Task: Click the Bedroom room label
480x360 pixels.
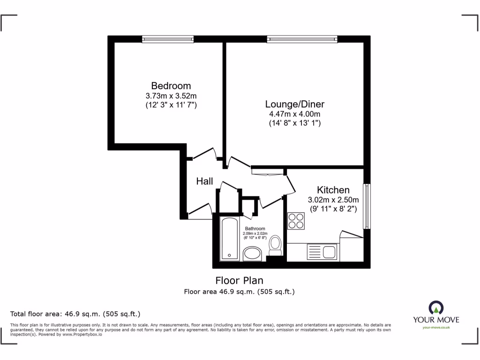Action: click(x=171, y=86)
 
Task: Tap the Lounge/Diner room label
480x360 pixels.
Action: click(x=294, y=104)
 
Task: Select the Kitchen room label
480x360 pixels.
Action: click(x=333, y=190)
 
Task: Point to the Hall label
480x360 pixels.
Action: click(x=204, y=181)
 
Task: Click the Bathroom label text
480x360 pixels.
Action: click(x=255, y=229)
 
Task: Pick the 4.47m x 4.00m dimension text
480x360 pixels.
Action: click(x=294, y=114)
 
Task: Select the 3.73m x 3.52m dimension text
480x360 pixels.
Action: click(x=171, y=96)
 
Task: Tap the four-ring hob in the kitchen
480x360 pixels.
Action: click(x=296, y=221)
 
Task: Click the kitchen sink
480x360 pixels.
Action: click(x=322, y=252)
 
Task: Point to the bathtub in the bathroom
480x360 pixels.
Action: click(x=229, y=239)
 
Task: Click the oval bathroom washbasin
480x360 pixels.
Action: click(x=254, y=255)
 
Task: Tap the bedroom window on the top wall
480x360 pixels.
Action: click(x=168, y=39)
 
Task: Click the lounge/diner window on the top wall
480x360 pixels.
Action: click(x=302, y=39)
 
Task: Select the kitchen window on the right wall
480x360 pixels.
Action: click(x=367, y=206)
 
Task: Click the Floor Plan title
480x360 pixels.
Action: click(x=239, y=281)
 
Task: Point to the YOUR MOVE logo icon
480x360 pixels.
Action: click(x=435, y=307)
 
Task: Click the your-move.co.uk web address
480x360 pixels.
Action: click(x=436, y=327)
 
